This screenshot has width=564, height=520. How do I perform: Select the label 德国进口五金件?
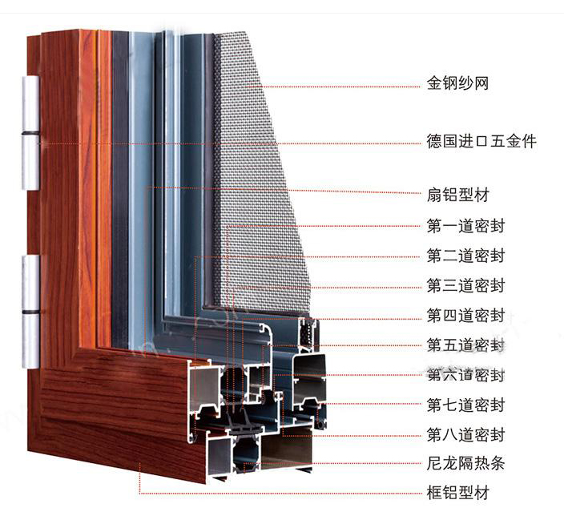tap(481, 142)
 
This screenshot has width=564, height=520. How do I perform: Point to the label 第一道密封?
tap(466, 225)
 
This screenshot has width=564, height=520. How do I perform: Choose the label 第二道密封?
tap(466, 256)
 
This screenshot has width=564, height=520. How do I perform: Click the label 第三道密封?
tap(466, 285)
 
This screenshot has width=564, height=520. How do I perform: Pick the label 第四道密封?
tap(466, 314)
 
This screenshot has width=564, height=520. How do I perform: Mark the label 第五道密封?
tap(466, 345)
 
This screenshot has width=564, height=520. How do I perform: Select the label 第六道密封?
tap(466, 374)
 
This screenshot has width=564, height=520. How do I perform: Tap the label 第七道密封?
tap(466, 405)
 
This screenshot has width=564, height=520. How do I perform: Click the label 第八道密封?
tap(466, 435)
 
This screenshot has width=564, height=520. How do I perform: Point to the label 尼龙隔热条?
tap(466, 463)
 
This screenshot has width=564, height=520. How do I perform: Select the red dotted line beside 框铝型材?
tap(280, 493)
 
